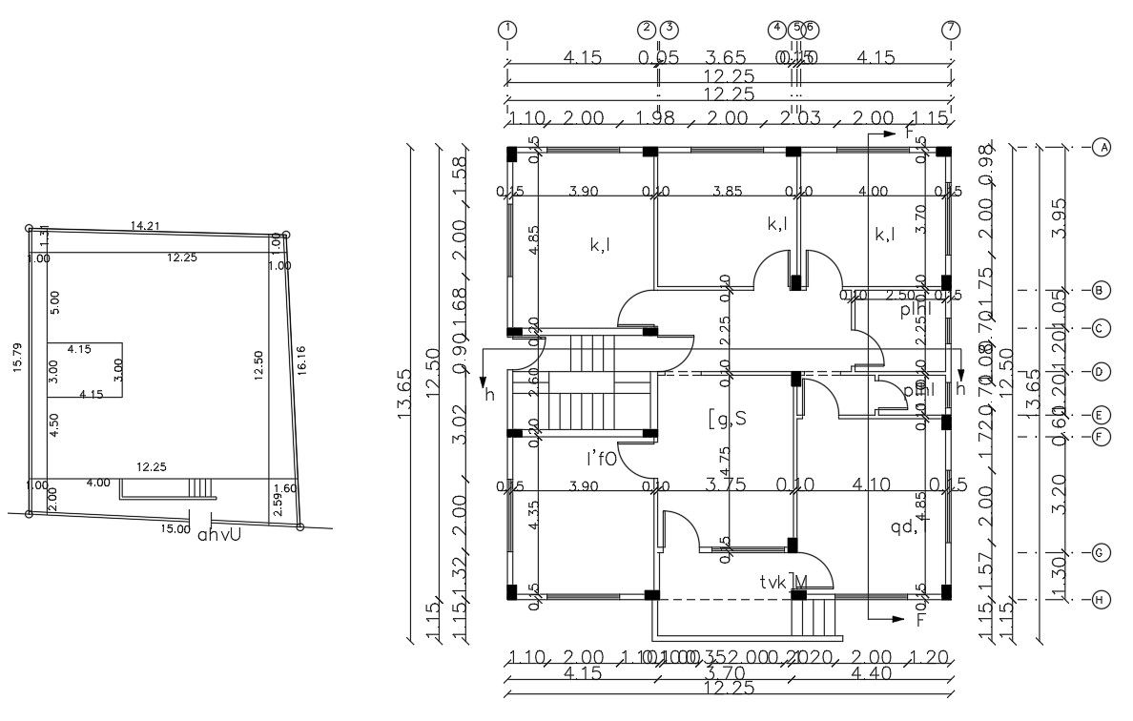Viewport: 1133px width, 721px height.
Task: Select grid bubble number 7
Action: [950, 29]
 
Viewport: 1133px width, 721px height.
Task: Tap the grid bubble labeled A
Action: [1102, 148]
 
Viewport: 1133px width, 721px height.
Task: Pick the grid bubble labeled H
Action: [1101, 600]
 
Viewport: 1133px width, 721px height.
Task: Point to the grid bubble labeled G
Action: [1101, 553]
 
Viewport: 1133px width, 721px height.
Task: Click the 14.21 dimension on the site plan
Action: [145, 226]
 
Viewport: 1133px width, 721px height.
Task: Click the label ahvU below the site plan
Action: [219, 535]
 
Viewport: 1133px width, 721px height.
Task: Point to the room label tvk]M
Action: [784, 582]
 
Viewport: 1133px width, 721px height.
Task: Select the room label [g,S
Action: [727, 418]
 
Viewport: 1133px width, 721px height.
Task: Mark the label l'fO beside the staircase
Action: [603, 459]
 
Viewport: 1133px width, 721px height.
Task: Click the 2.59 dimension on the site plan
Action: [278, 505]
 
